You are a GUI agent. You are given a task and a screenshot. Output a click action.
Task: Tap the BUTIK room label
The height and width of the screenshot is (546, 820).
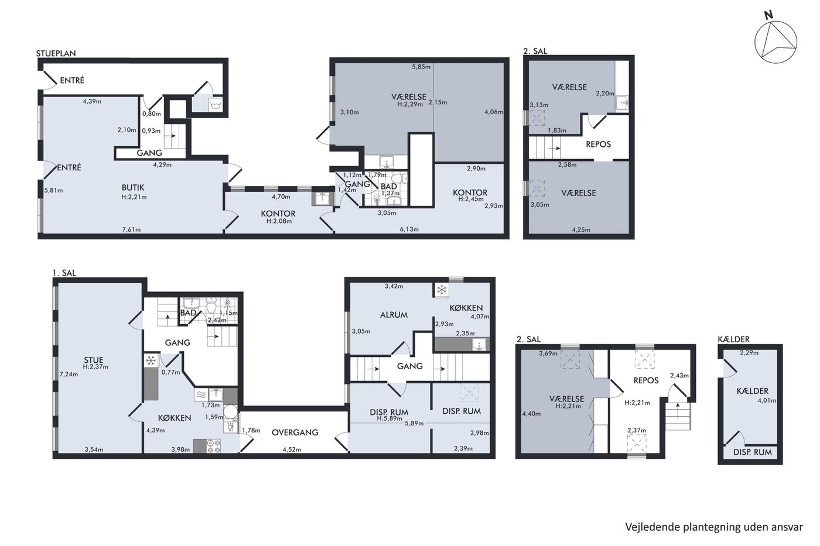[x=133, y=188]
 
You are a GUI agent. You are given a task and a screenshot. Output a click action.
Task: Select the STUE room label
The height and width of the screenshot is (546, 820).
[x=94, y=360]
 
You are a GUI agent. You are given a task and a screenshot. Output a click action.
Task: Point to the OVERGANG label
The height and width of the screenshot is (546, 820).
[x=295, y=432]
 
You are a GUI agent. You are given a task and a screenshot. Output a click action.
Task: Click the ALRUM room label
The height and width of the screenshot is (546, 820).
[x=394, y=315]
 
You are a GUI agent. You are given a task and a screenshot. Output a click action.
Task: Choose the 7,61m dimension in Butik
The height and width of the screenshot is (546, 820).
[x=131, y=229]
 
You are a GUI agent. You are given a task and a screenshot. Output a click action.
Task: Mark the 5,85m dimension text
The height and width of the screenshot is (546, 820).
[x=421, y=67]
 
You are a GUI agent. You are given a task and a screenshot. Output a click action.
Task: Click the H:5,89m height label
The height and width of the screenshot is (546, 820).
[x=389, y=418]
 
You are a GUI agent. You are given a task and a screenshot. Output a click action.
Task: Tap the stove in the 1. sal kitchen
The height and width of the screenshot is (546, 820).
[x=214, y=446]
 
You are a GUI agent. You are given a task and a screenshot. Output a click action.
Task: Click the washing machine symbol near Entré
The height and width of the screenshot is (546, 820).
[x=216, y=105]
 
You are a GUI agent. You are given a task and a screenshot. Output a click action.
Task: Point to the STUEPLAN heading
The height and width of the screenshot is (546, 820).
[x=56, y=53]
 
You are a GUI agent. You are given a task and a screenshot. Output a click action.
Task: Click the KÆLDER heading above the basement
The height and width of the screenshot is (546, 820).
[x=733, y=339]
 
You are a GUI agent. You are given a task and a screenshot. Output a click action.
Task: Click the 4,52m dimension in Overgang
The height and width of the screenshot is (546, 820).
[x=292, y=449]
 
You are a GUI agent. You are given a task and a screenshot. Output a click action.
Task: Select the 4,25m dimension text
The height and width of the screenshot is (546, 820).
[x=581, y=229]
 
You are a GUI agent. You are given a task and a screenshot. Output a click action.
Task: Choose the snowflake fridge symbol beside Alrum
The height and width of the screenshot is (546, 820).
[x=442, y=290]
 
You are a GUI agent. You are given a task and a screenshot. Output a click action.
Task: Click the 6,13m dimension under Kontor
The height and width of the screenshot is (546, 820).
[x=409, y=229]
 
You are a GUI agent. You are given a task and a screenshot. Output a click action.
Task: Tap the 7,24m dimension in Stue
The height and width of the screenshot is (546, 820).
[x=69, y=374]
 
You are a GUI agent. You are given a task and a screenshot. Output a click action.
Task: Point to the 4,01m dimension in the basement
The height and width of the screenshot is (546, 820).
[x=767, y=400]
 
